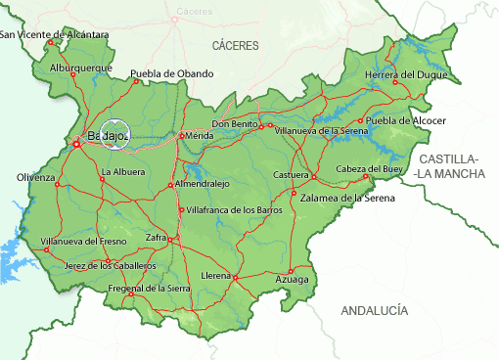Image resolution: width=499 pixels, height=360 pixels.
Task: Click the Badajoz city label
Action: click(x=107, y=136)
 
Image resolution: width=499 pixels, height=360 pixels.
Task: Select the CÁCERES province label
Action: click(x=235, y=45)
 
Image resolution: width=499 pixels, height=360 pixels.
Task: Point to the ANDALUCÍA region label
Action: click(x=374, y=310)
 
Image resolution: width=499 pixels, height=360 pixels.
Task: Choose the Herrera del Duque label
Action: click(x=405, y=74)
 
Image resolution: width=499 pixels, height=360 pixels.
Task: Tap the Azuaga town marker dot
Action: click(x=291, y=271)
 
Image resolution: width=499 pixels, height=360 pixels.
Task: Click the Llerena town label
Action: click(x=215, y=277)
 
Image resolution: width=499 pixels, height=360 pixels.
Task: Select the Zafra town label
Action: click(x=157, y=238)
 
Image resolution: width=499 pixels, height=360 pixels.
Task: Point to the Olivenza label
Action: click(x=36, y=177)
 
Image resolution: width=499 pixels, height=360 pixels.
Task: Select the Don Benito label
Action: click(x=234, y=124)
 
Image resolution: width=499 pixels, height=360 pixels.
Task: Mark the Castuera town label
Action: click(x=291, y=174)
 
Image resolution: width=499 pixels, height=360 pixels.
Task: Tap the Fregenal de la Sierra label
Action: click(x=150, y=289)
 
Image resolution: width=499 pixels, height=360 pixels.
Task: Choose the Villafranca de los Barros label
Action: click(x=236, y=209)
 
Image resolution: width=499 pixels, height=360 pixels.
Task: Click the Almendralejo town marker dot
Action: click(x=170, y=185)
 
